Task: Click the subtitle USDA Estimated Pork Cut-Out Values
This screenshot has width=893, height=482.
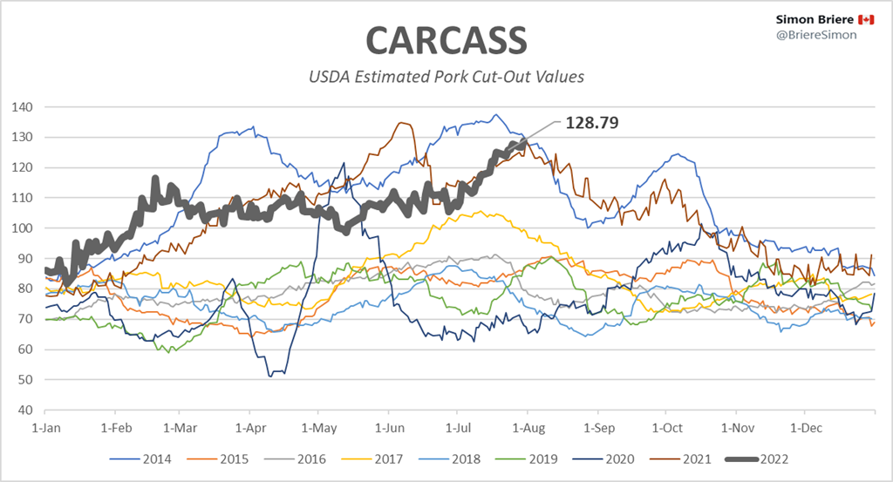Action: coord(446,77)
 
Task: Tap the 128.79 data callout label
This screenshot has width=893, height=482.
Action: coord(592,123)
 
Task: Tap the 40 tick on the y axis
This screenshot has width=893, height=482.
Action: coord(25,410)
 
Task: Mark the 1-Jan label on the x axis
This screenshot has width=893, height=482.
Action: coord(45,429)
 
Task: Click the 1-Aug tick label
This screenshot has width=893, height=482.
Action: coord(527,429)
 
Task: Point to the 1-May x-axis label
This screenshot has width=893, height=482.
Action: coord(318,429)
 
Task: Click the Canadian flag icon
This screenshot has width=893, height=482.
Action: coord(866,19)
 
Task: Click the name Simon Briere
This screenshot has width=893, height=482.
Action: coord(815,19)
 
